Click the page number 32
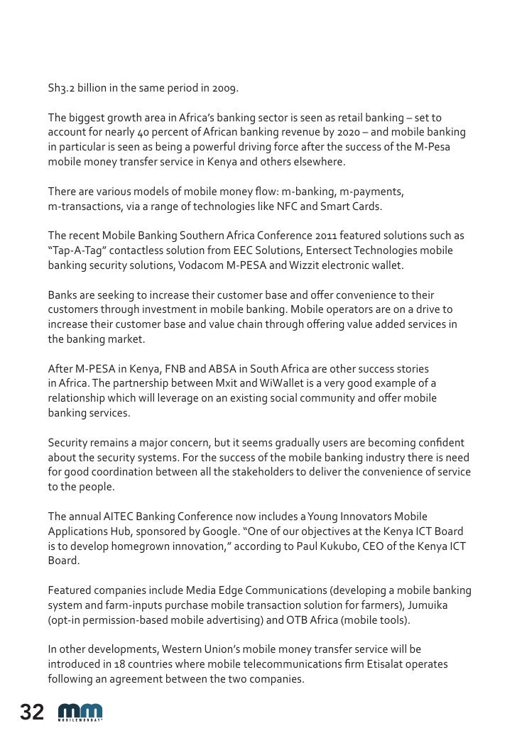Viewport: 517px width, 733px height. pyautogui.click(x=32, y=712)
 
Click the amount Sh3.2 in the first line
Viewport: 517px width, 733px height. pyautogui.click(x=61, y=89)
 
